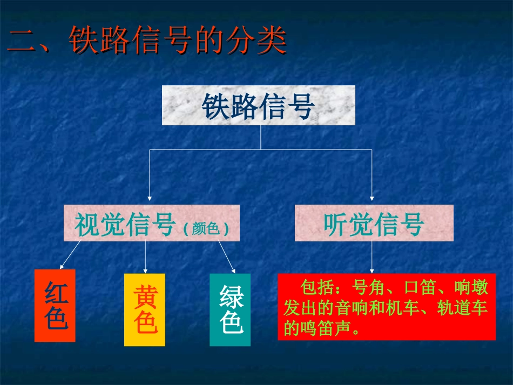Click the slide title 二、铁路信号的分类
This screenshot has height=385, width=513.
click(x=147, y=41)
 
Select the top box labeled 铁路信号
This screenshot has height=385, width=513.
click(x=259, y=106)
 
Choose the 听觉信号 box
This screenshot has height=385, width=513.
click(x=374, y=223)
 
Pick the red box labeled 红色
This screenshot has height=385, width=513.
click(x=55, y=306)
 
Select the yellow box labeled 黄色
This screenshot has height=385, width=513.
click(x=145, y=310)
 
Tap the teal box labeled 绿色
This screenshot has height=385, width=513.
click(x=230, y=310)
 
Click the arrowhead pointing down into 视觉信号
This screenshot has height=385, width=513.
click(x=150, y=198)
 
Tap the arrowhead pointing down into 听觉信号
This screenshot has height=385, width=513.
click(x=373, y=198)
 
